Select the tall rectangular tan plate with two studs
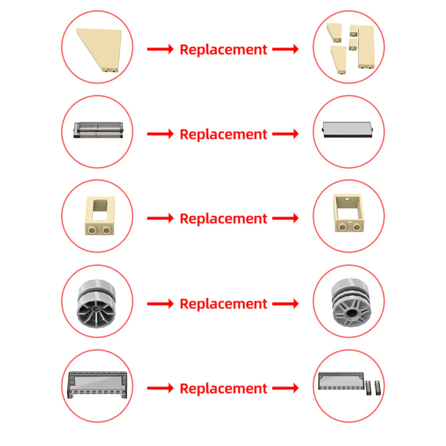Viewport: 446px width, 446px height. tap(366, 47)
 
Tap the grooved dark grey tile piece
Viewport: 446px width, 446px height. tap(99, 130)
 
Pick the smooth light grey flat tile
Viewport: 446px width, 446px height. tap(347, 130)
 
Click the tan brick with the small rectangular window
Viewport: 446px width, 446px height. tap(100, 216)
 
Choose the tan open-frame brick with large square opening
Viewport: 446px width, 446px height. tap(348, 213)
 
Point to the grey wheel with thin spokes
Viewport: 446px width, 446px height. tap(96, 303)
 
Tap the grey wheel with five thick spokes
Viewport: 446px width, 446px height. tap(351, 303)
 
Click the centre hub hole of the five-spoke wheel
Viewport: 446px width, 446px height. tap(352, 313)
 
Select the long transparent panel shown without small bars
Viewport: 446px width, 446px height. tap(97, 385)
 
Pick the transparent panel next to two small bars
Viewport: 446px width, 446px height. tap(341, 381)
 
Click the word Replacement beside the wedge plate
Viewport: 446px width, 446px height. tap(224, 50)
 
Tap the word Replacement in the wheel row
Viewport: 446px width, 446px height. tap(224, 304)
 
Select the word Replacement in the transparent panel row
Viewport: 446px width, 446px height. tap(224, 389)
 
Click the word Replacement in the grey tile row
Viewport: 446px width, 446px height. tap(224, 134)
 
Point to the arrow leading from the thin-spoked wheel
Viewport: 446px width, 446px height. tap(161, 304)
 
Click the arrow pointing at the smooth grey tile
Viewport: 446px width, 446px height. tap(285, 134)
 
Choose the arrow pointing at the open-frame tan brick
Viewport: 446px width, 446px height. tap(285, 219)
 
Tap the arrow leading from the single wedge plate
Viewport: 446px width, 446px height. tap(161, 49)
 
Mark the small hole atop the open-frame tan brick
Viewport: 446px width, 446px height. tap(347, 200)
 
